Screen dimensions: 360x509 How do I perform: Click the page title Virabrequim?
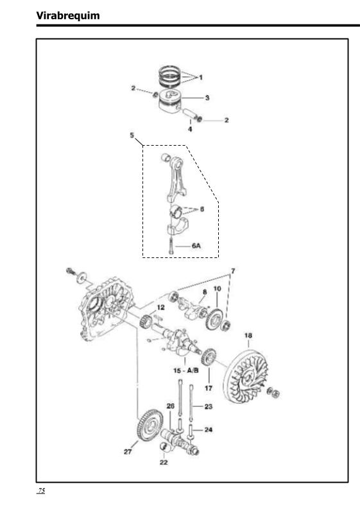coord(68,15)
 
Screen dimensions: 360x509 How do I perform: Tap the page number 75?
coord(42,490)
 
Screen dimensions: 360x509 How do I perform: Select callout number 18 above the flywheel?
coord(248,335)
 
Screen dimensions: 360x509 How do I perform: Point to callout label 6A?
coord(196,246)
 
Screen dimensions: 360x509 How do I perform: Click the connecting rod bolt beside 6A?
coord(171,246)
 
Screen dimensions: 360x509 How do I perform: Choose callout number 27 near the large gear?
coord(128,451)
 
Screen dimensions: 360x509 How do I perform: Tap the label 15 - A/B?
coord(185,371)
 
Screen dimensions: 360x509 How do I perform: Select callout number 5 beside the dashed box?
coord(132,135)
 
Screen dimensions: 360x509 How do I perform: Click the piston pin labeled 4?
coord(189,114)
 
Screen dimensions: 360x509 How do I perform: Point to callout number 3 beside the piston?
coord(207,98)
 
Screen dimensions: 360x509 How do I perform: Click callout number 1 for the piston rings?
coord(201,77)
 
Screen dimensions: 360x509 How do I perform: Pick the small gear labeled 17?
coord(208,357)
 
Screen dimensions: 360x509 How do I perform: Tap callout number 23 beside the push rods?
coord(209,406)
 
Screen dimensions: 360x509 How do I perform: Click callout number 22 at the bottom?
coord(164,462)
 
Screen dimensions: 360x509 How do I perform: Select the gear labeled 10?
coord(214,320)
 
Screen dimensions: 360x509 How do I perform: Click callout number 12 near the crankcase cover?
coord(160,307)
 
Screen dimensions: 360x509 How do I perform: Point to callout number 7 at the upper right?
coord(233,271)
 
